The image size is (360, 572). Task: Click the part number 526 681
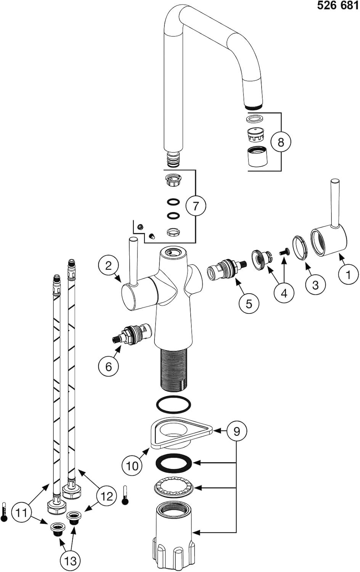(x=338, y=6)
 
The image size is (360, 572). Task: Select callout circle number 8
(x=281, y=142)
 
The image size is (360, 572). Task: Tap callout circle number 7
(x=196, y=206)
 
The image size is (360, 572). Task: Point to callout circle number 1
(x=348, y=274)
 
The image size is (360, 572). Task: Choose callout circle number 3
(x=315, y=284)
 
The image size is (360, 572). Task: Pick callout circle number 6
(x=109, y=366)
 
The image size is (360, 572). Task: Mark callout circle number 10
(x=132, y=465)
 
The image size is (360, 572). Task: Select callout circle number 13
(x=71, y=560)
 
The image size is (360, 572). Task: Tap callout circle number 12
(x=107, y=496)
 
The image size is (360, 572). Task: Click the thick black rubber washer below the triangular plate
(x=174, y=463)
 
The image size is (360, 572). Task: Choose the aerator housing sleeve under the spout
(x=257, y=156)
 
